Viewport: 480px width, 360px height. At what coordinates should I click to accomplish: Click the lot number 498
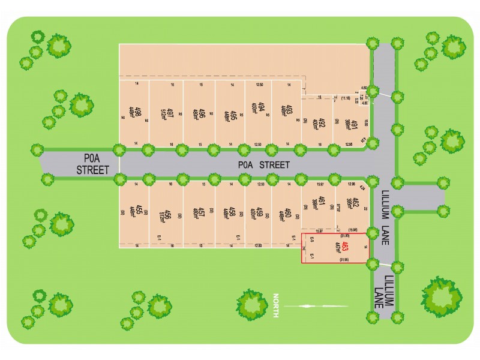(138, 112)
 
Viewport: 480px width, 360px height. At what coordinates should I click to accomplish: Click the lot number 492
(321, 124)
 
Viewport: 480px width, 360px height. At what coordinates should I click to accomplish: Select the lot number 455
(139, 211)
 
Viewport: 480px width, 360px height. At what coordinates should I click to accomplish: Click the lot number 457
(202, 212)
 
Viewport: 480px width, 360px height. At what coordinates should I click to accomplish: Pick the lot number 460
(289, 212)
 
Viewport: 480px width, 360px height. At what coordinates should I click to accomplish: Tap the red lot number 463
(345, 247)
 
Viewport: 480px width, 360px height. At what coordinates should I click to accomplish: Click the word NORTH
(277, 306)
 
